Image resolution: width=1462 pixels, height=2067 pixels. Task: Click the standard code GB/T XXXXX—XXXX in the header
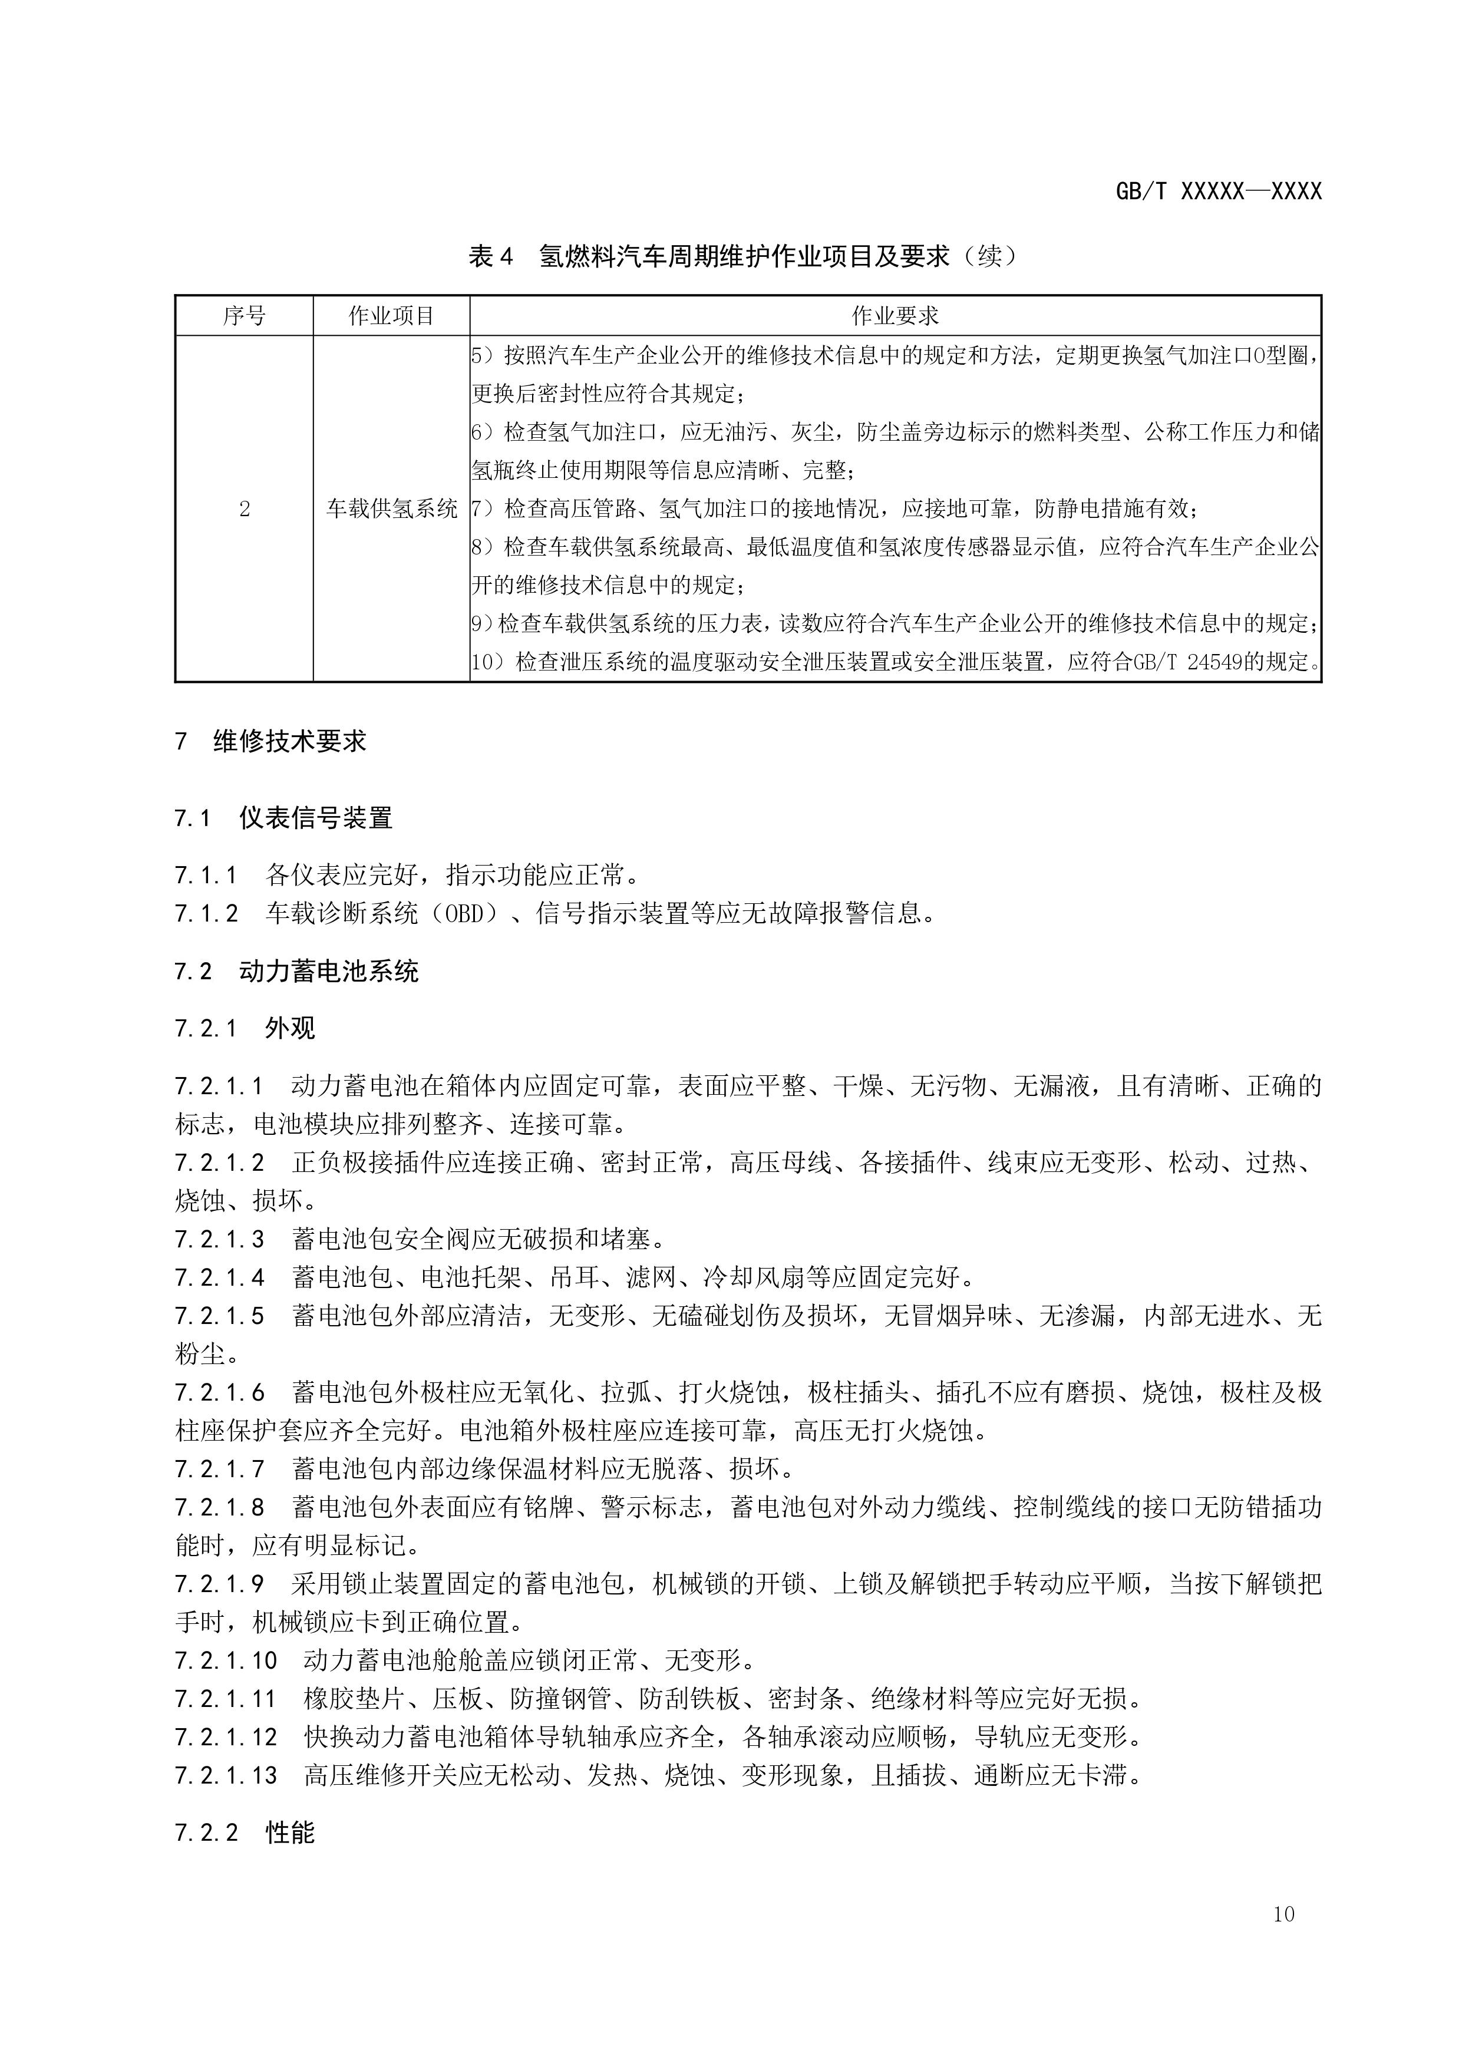click(1218, 191)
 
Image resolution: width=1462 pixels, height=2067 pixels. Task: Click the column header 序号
click(244, 316)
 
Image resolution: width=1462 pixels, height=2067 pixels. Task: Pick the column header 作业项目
click(392, 316)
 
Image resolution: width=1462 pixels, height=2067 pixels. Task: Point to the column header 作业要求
click(895, 316)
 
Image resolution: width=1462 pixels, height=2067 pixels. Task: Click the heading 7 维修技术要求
click(271, 742)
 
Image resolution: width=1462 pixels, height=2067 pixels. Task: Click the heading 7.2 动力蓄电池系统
click(296, 972)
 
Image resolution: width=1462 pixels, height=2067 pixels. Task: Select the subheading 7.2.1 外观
click(245, 1028)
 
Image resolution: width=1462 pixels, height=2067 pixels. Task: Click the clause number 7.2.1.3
click(220, 1240)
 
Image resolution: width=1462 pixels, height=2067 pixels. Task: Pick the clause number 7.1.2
click(206, 914)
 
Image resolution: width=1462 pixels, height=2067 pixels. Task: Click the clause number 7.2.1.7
click(220, 1469)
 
